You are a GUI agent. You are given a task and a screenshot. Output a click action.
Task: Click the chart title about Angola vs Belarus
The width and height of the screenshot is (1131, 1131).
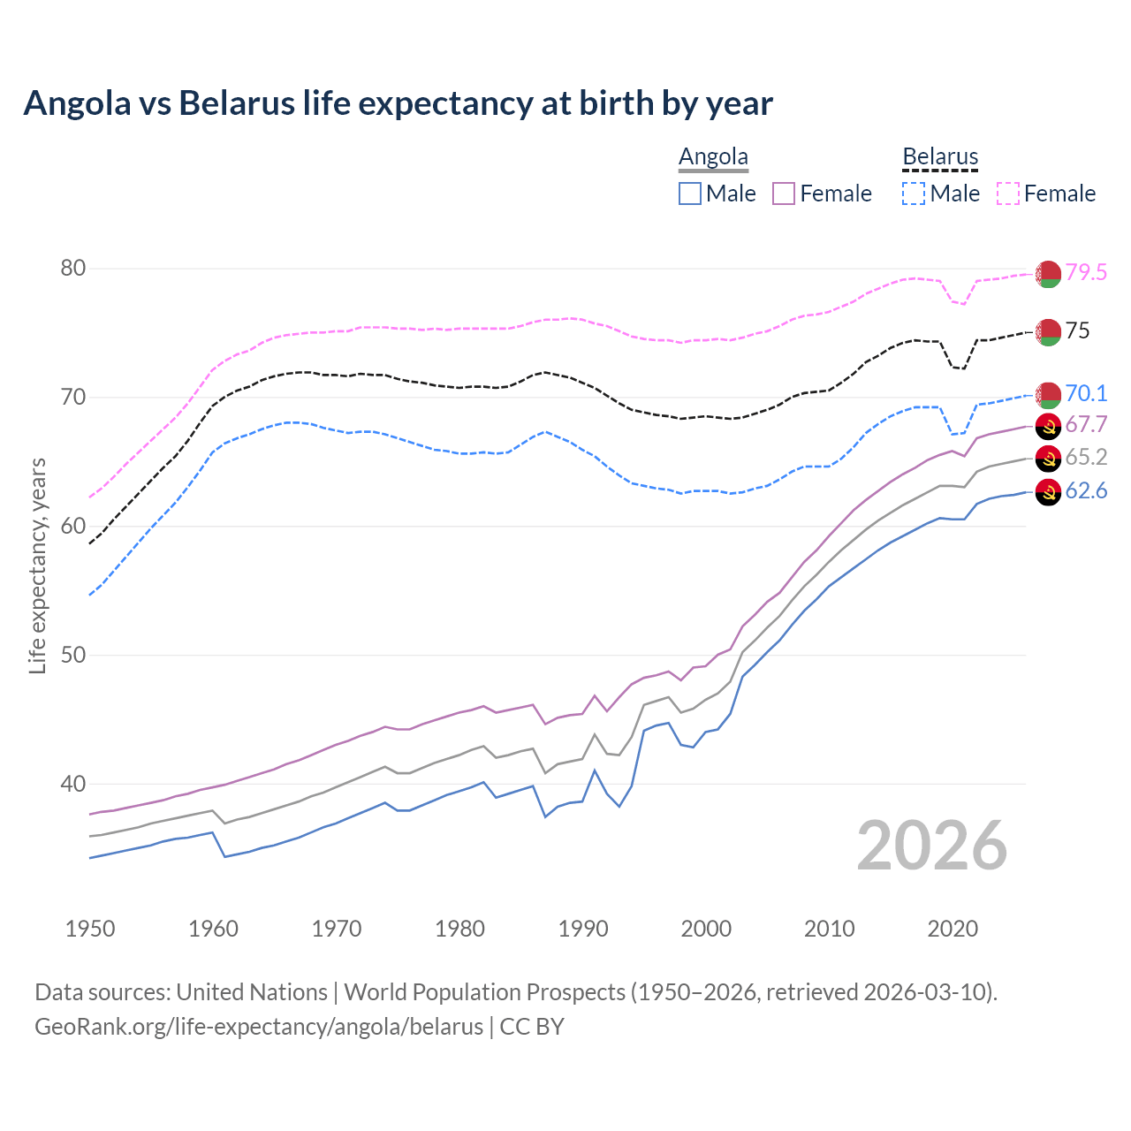(x=398, y=103)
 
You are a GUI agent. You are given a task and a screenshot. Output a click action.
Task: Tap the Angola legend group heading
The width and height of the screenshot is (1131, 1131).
(x=713, y=156)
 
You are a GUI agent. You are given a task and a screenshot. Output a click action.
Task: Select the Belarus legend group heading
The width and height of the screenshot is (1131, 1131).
(x=940, y=156)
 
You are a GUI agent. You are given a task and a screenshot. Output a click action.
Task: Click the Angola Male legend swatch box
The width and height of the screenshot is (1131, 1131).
(x=690, y=194)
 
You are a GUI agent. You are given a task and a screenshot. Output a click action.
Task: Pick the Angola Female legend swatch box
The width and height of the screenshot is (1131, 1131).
(x=785, y=194)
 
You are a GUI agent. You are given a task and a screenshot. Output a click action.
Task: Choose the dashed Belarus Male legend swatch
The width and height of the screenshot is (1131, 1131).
(x=915, y=194)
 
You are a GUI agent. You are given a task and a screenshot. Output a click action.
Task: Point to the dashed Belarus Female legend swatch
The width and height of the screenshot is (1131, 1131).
(x=1008, y=194)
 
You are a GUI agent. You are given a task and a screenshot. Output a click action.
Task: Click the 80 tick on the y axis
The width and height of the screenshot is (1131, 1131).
(x=73, y=268)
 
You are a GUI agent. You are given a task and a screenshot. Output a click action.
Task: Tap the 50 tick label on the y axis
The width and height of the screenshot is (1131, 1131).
(x=73, y=655)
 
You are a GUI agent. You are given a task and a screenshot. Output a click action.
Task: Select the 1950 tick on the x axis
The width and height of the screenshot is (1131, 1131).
(x=90, y=929)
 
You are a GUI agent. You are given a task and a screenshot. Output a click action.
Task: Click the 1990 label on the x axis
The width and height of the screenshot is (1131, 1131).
(x=583, y=929)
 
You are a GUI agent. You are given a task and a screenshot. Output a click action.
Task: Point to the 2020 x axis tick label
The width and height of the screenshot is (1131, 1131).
(x=953, y=929)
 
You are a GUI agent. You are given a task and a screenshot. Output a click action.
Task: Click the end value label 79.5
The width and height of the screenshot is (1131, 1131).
(x=1086, y=272)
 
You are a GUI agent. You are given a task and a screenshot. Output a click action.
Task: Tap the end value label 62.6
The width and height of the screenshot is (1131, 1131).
(x=1086, y=491)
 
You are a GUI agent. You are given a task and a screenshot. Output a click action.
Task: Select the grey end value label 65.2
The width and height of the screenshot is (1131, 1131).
(x=1086, y=457)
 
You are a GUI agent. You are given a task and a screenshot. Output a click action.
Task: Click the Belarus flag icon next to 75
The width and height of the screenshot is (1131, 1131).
(x=1048, y=332)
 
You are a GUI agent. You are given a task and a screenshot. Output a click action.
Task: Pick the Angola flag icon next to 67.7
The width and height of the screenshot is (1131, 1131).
(x=1048, y=425)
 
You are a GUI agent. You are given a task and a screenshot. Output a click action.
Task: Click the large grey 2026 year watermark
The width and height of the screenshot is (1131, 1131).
(x=932, y=846)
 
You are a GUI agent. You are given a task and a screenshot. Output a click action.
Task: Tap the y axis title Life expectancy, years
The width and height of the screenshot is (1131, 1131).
(x=37, y=565)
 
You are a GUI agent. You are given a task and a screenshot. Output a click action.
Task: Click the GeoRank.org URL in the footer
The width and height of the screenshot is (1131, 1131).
(x=259, y=1027)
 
